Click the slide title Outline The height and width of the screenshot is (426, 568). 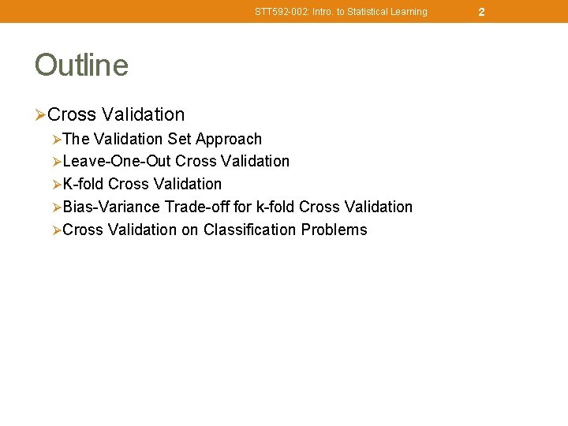[x=81, y=65]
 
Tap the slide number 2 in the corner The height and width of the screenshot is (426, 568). [x=481, y=12]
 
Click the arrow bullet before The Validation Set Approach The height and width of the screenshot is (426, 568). [x=56, y=140]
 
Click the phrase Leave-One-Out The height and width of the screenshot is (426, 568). [x=117, y=162]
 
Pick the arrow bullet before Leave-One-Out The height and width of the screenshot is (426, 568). [x=56, y=163]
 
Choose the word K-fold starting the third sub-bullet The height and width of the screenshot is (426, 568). [x=83, y=184]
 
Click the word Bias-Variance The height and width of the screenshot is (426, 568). [x=111, y=207]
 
